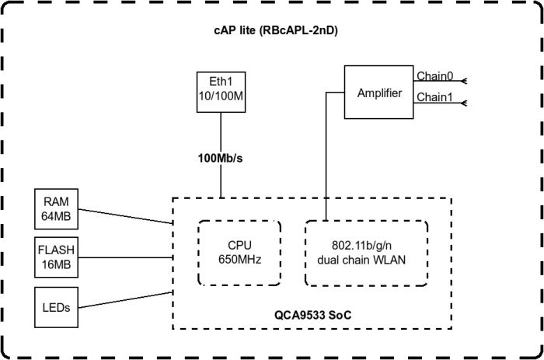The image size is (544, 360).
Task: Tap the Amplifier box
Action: (x=379, y=93)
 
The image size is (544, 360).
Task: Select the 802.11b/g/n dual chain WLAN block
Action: (x=365, y=253)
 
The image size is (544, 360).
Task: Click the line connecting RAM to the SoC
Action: (x=124, y=215)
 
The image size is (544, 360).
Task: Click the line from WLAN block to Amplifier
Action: (x=326, y=156)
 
